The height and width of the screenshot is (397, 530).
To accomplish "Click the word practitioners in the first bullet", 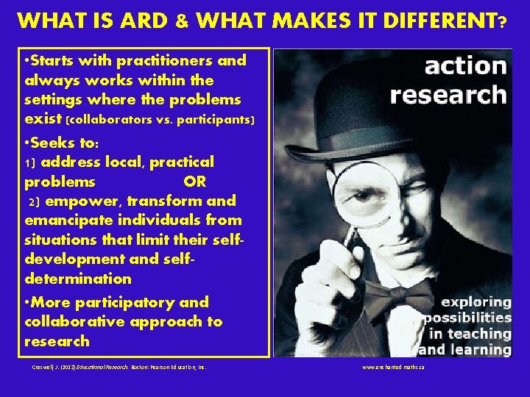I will pyautogui.click(x=169, y=60).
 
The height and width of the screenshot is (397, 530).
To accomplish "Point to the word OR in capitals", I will pyautogui.click(x=195, y=182).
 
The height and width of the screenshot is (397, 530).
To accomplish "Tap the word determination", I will pyautogui.click(x=78, y=279).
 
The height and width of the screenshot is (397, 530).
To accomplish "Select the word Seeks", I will pyautogui.click(x=58, y=143).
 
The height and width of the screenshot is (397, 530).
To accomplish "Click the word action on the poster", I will pyautogui.click(x=466, y=67).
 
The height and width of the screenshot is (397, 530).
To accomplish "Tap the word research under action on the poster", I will pyautogui.click(x=448, y=96).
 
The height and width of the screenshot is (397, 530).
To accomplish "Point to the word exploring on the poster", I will pyautogui.click(x=476, y=302).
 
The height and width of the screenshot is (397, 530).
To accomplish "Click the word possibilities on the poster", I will pyautogui.click(x=467, y=318).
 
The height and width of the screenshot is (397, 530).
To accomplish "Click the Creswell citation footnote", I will pyautogui.click(x=115, y=365).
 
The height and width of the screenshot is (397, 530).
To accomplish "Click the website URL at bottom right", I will pyautogui.click(x=393, y=365).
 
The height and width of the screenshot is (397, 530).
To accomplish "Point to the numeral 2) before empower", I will pyautogui.click(x=32, y=201).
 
